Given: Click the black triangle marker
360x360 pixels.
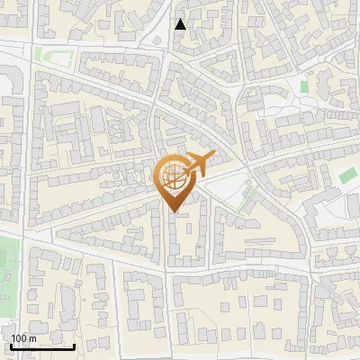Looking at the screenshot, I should click(180, 24).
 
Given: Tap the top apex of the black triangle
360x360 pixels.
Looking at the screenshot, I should click(180, 19).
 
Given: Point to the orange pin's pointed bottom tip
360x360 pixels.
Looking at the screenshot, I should click(173, 211).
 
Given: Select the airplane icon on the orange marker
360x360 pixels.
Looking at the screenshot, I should click(197, 165).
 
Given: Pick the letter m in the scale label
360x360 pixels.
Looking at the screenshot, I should click(33, 338).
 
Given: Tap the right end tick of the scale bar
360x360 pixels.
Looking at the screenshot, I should click(75, 346).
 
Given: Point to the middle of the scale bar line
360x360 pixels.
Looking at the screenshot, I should click(41, 347).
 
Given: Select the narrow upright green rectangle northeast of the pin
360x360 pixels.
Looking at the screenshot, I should click(304, 87).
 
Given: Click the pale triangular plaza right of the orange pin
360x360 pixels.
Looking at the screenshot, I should click(229, 192).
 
